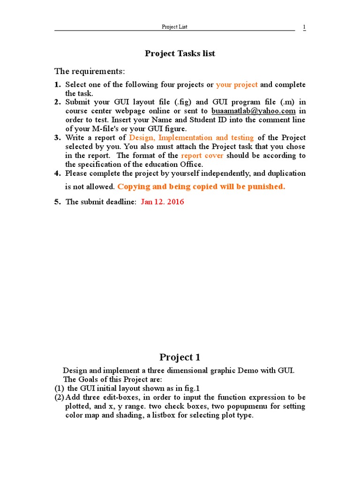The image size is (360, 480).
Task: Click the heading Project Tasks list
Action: pyautogui.click(x=180, y=53)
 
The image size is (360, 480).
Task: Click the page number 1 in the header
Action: pyautogui.click(x=304, y=27)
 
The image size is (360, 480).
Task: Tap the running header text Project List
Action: pyautogui.click(x=174, y=27)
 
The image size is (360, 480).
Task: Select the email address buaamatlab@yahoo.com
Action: pyautogui.click(x=253, y=111)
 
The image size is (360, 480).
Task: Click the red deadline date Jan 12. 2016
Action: pyautogui.click(x=162, y=202)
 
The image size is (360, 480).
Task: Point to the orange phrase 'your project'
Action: pyautogui.click(x=237, y=85)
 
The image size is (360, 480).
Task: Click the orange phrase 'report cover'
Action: pyautogui.click(x=202, y=156)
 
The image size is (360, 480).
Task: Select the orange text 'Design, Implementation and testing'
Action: pyautogui.click(x=191, y=138)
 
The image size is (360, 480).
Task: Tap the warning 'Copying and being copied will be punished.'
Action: pyautogui.click(x=201, y=187)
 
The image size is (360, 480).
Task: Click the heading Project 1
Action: pyautogui.click(x=180, y=357)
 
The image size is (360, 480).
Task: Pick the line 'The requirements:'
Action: pyautogui.click(x=90, y=71)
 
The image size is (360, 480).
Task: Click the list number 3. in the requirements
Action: pyautogui.click(x=58, y=138)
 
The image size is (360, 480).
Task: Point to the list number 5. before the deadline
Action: pyautogui.click(x=58, y=202)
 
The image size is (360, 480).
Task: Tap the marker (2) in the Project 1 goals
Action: pyautogui.click(x=59, y=397)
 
